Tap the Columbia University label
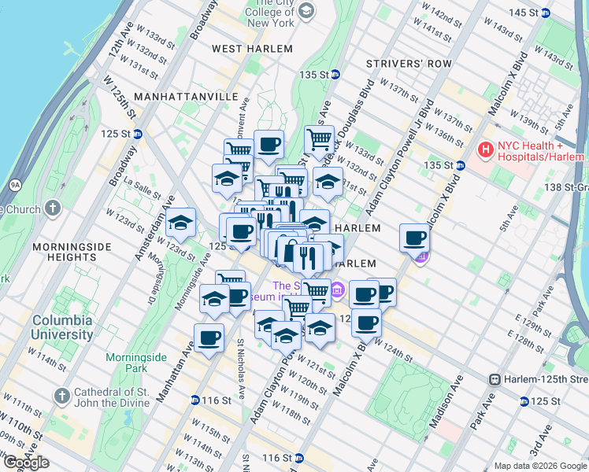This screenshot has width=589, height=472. [x=62, y=327]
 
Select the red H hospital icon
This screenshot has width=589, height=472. [x=486, y=149]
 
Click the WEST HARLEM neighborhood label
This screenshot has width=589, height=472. [x=251, y=49]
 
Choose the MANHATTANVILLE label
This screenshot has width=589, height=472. [x=186, y=96]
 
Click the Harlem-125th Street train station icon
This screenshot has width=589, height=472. [x=495, y=379]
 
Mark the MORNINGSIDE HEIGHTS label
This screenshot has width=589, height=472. [x=64, y=252]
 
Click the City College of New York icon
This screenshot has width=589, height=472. [x=306, y=10]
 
